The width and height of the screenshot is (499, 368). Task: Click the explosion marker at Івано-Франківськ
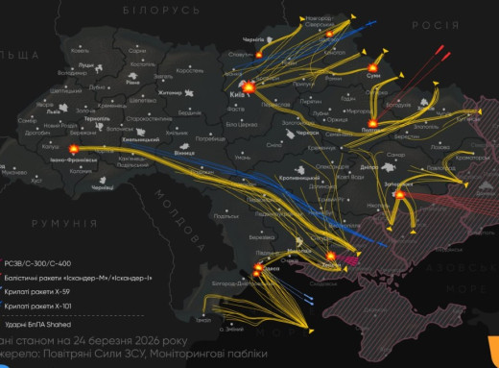click(73, 149)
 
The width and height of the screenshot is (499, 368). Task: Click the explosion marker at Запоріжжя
click(401, 193)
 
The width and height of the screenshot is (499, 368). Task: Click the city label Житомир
click(170, 93)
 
